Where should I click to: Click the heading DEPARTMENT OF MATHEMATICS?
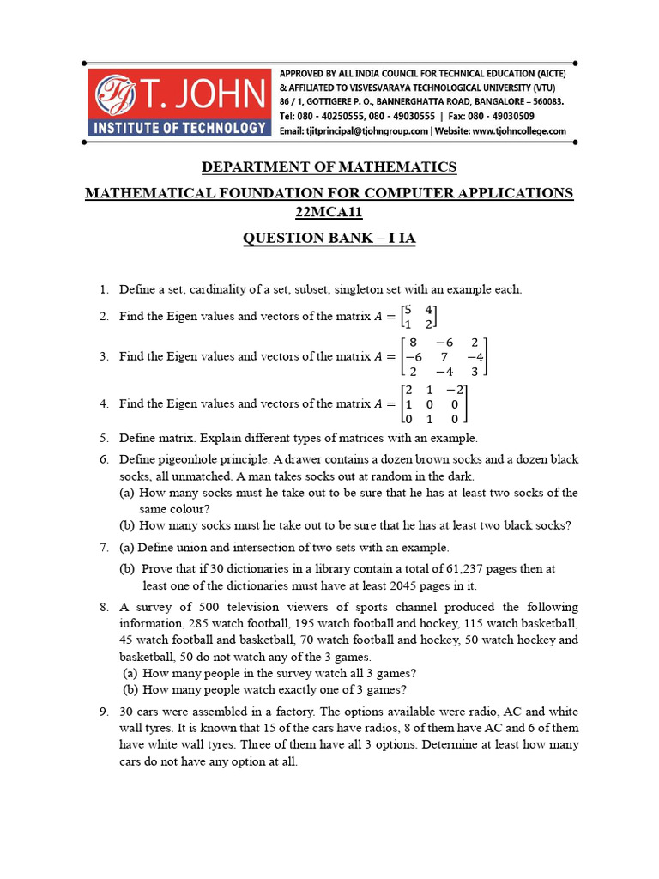coord(329,167)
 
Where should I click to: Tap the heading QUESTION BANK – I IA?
coord(329,238)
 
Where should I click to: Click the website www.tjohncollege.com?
coord(518,131)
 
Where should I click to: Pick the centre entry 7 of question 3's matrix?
coord(444,356)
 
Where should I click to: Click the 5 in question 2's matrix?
coord(408,309)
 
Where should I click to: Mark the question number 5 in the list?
coord(103,438)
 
